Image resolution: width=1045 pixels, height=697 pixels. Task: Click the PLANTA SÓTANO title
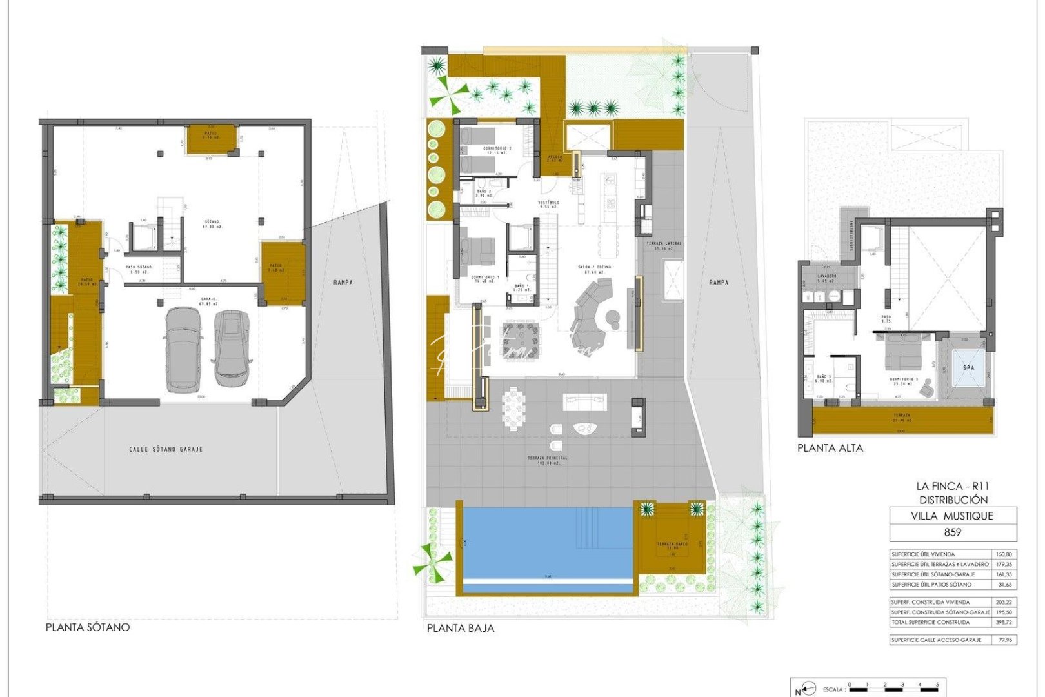pos(88,627)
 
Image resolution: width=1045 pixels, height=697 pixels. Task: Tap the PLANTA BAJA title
pos(461,628)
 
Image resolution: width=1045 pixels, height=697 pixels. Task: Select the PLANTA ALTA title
pos(830,448)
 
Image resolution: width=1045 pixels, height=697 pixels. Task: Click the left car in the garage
pos(183,349)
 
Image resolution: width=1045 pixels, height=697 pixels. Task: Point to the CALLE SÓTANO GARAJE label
pos(166,449)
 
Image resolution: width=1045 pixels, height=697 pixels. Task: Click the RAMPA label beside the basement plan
pos(343,282)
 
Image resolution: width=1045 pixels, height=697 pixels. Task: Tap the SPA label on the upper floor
pos(968,368)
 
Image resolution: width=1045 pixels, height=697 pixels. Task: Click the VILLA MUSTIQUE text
pos(952,516)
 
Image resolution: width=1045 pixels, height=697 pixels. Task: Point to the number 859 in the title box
pos(952,532)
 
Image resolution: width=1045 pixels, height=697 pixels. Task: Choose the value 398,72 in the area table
pos(1004,623)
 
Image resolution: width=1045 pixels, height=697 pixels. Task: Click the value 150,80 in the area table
pos(1004,554)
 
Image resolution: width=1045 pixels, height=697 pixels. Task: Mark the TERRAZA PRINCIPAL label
pos(548,460)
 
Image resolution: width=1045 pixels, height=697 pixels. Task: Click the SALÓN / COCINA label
pos(593,269)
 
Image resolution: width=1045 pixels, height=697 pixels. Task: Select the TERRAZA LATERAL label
pos(664,245)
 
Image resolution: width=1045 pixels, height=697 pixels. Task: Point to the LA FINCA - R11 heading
pos(952,486)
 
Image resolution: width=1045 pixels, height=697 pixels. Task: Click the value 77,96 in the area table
pos(1005,640)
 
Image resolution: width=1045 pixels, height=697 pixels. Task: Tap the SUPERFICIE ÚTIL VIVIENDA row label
pos(923,554)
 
